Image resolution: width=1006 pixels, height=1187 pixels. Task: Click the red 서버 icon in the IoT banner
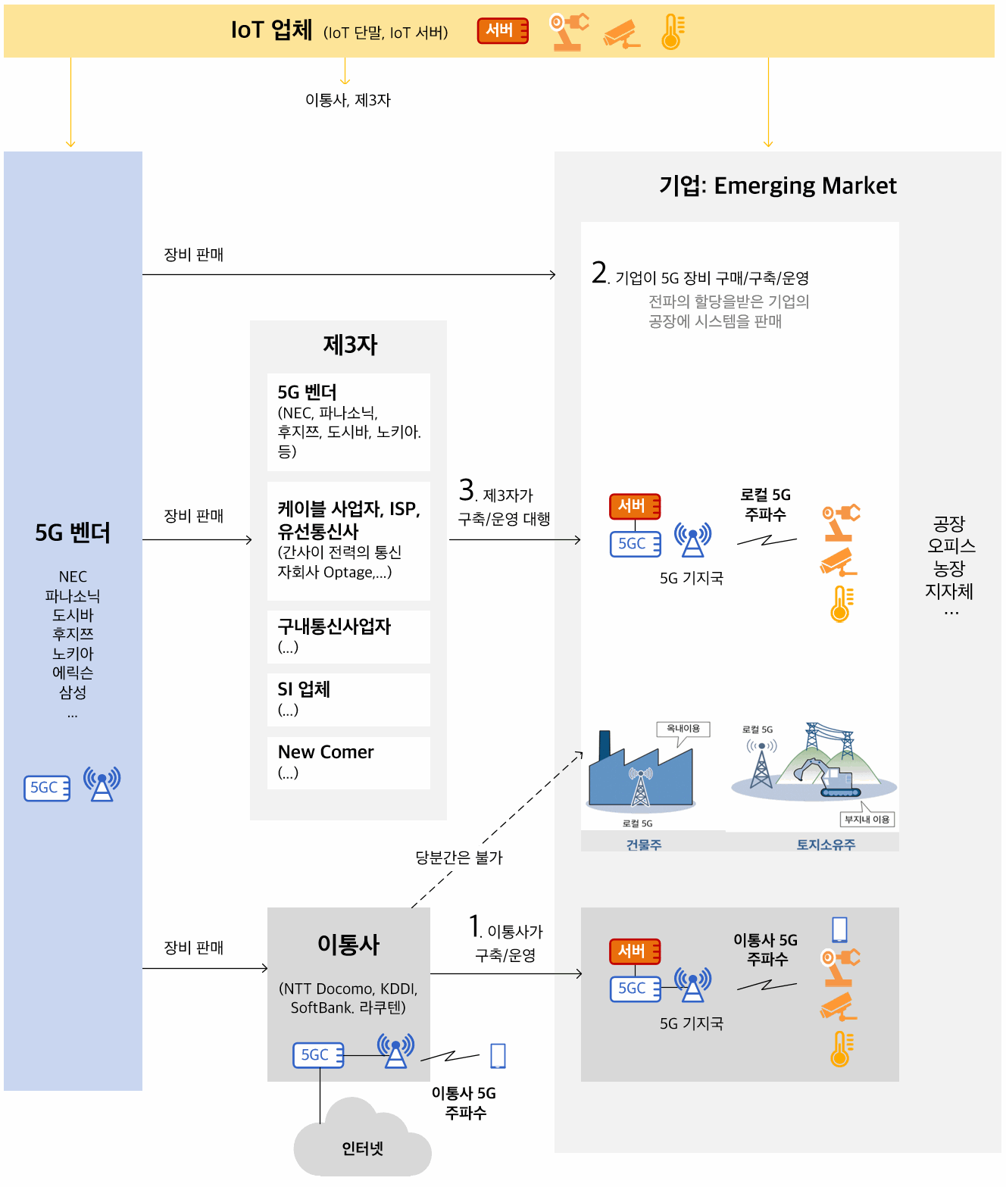[x=502, y=30]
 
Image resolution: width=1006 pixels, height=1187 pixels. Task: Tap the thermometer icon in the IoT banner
[x=673, y=31]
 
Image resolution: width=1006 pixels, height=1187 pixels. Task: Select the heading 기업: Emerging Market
[x=777, y=186]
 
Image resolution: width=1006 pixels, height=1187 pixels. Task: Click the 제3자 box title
[x=350, y=345]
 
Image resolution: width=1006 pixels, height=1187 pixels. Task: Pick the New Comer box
[x=348, y=763]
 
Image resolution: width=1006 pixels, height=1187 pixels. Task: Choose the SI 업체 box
[x=348, y=699]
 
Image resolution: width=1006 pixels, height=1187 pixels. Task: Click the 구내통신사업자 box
[x=348, y=637]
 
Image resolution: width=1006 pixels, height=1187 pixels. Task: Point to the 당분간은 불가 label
[x=459, y=857]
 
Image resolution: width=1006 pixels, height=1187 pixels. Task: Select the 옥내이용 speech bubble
[x=683, y=731]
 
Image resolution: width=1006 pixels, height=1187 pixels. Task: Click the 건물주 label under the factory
[x=644, y=844]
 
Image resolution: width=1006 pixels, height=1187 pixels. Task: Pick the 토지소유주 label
[x=826, y=844]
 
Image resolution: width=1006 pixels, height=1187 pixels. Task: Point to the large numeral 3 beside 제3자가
[x=467, y=489]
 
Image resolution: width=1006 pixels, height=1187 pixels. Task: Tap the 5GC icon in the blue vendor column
[x=47, y=788]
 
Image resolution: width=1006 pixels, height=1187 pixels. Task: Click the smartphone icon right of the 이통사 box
[x=498, y=1055]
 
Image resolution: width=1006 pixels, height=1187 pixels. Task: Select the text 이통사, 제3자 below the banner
[x=348, y=100]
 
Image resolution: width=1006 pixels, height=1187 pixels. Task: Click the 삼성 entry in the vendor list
[x=73, y=692]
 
